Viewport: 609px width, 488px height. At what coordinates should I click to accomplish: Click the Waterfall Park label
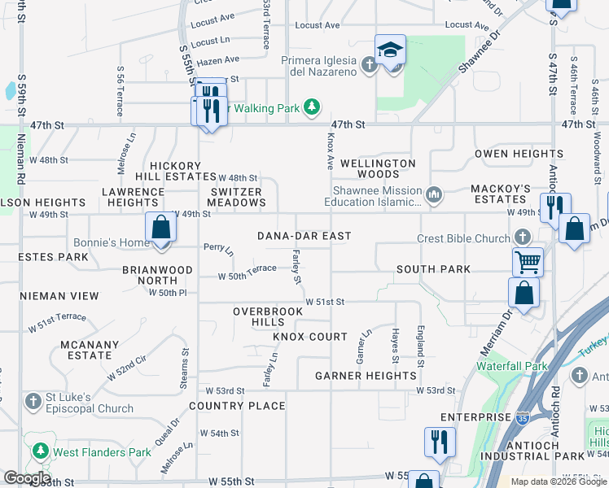tap(512, 367)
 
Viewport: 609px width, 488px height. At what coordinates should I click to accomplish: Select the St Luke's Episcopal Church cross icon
tap(33, 402)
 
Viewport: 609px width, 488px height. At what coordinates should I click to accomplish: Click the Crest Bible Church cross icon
tap(522, 238)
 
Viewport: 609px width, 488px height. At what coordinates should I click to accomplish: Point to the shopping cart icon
tap(528, 262)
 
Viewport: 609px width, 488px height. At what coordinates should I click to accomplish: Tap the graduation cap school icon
tap(390, 50)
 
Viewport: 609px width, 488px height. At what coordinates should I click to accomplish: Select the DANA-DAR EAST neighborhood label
tap(304, 236)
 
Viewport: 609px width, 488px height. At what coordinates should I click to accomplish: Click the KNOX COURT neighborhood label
tap(310, 337)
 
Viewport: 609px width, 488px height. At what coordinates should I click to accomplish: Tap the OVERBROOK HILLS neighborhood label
tap(259, 317)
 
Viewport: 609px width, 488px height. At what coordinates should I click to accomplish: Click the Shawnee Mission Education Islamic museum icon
tap(434, 194)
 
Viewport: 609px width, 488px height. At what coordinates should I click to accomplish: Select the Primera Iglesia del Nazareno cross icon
tap(369, 63)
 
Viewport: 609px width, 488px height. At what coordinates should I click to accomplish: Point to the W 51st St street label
tap(325, 302)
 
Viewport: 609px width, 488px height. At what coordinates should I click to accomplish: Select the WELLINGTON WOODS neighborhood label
tap(378, 168)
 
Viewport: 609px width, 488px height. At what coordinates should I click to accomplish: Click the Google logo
tap(27, 478)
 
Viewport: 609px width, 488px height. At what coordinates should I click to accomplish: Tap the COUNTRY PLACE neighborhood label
tap(237, 406)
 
